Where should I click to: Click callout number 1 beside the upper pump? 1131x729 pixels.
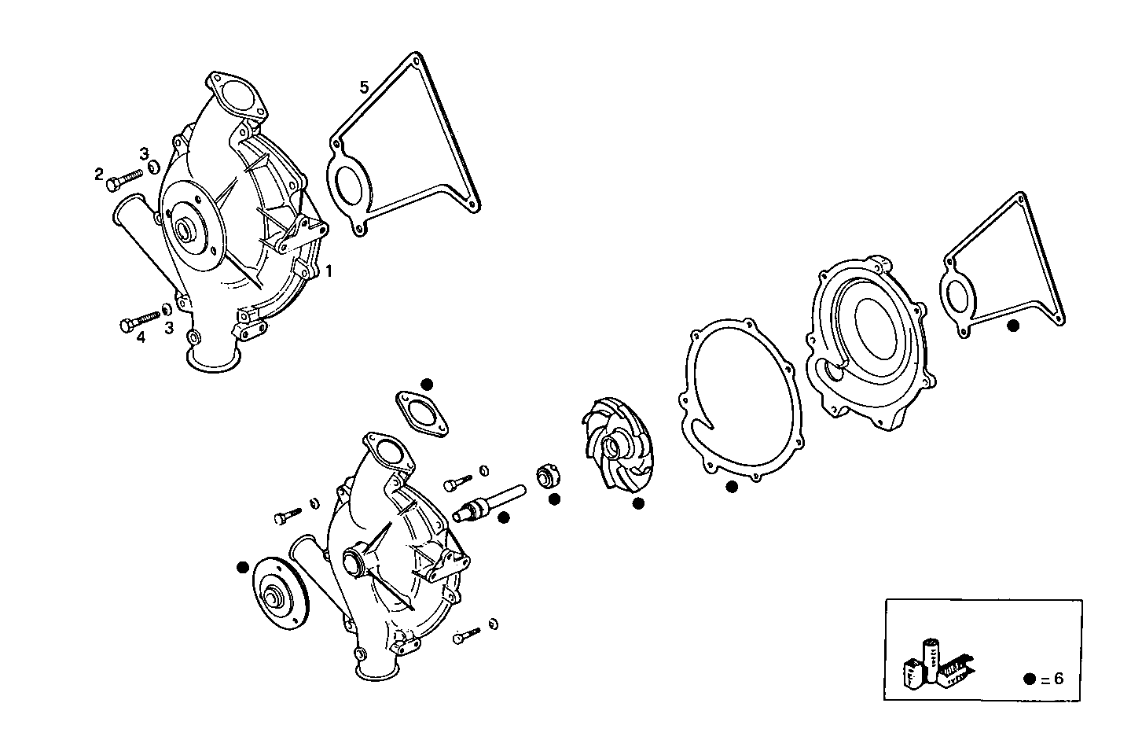(x=329, y=271)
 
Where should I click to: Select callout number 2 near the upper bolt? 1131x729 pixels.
(x=99, y=174)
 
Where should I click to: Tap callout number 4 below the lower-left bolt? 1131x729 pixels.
(x=141, y=338)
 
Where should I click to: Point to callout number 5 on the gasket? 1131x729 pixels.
(x=364, y=87)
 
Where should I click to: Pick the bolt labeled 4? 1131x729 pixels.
(x=141, y=321)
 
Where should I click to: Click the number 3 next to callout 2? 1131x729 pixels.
(x=144, y=152)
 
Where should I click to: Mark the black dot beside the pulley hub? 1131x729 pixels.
(x=242, y=566)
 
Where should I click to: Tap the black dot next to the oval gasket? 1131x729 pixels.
(x=427, y=384)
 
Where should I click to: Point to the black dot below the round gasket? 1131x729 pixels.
(x=732, y=487)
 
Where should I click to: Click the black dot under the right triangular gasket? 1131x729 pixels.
(x=1013, y=325)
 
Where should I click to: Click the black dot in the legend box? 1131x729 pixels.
(x=1030, y=679)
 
